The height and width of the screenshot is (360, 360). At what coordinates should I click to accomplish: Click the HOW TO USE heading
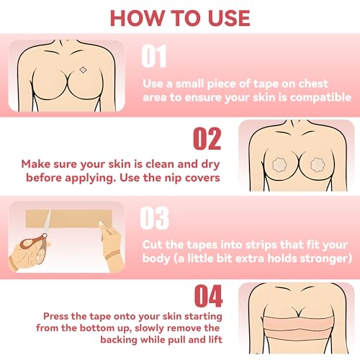click(179, 19)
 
